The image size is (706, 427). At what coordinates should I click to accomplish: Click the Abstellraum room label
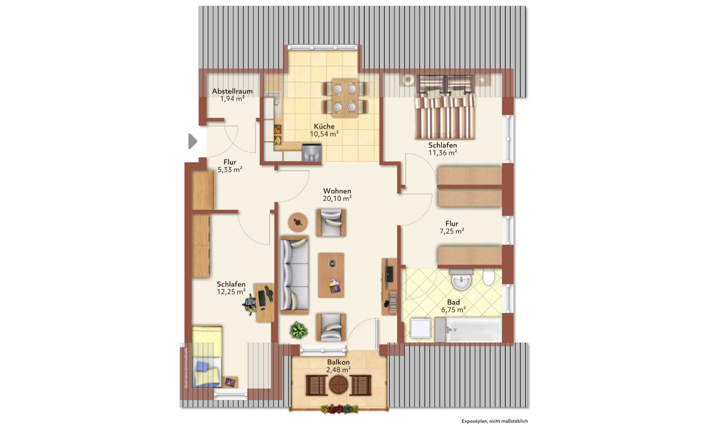tap(232, 91)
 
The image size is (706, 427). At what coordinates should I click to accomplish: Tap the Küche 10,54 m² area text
tap(324, 134)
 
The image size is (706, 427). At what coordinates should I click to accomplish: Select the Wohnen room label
tap(337, 191)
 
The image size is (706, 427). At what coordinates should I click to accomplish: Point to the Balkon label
tap(338, 362)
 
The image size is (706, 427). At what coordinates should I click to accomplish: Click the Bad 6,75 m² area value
tap(453, 310)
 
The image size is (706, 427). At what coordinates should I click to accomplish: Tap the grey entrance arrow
tap(193, 141)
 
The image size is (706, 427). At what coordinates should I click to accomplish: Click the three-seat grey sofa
tap(294, 275)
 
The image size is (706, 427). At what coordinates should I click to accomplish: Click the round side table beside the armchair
tap(298, 222)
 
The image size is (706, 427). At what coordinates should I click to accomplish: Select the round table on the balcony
tap(339, 385)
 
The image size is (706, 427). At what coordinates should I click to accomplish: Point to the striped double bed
tap(445, 107)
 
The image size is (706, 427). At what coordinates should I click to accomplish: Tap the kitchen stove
tap(312, 152)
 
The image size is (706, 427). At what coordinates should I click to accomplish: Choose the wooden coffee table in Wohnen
tap(331, 275)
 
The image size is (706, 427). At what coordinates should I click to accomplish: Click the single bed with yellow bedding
tap(207, 357)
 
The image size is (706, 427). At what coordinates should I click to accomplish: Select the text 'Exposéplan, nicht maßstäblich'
tap(494, 421)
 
